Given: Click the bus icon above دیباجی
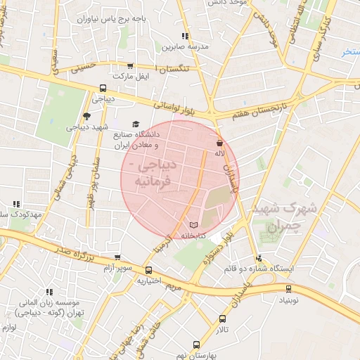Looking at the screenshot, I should [103, 89].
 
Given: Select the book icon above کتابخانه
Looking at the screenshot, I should [194, 225].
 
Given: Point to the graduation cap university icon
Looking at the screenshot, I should [136, 124].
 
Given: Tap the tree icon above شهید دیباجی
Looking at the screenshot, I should [86, 116].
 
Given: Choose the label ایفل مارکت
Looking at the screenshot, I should [133, 75].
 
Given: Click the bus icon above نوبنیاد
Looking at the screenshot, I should [289, 288].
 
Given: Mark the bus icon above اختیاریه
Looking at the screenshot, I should [148, 270].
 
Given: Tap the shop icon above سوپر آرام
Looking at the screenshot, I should [117, 257].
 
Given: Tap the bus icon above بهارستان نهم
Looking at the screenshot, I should [196, 345].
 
